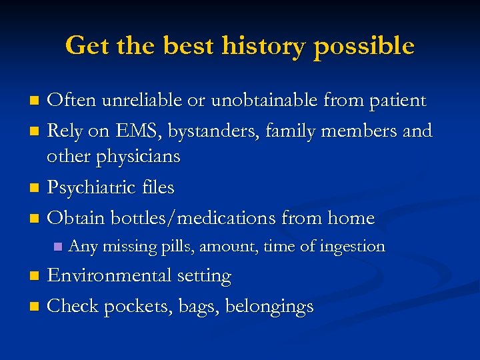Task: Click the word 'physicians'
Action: coord(137,157)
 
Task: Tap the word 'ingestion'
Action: coord(353,247)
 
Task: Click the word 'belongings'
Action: coord(269,307)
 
